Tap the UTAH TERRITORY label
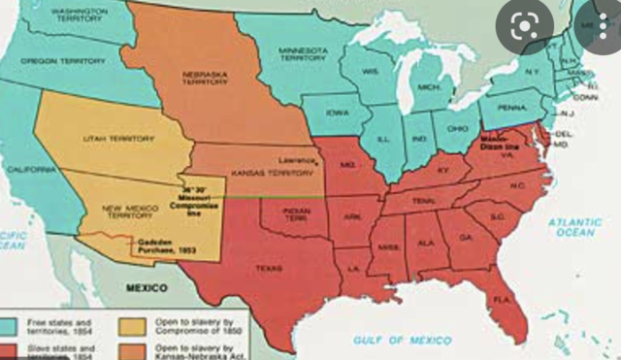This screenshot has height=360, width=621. (x=107, y=138)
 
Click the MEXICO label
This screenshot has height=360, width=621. (x=146, y=288)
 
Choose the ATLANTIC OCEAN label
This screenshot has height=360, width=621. (x=574, y=228)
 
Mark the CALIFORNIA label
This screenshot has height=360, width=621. (x=33, y=168)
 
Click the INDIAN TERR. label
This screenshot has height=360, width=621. (x=298, y=214)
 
